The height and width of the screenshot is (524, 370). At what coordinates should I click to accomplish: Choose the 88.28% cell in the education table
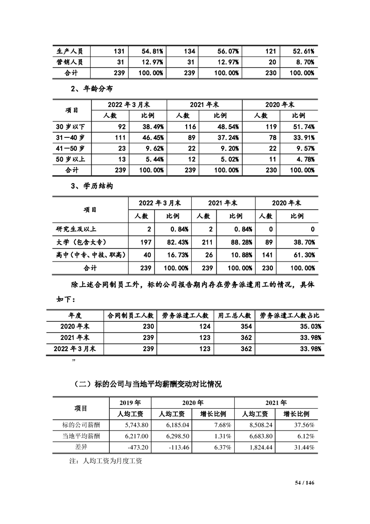(x=242, y=242)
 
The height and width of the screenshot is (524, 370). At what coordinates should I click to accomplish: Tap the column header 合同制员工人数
(x=131, y=315)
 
